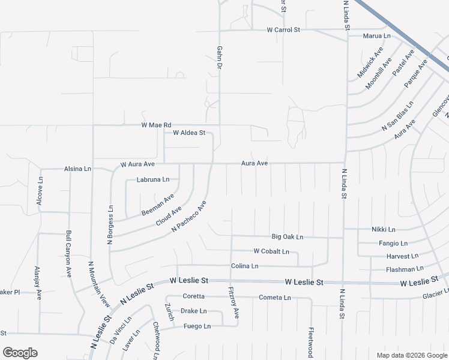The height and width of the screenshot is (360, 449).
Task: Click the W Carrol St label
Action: tap(283, 29)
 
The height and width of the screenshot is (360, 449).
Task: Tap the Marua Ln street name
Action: tap(376, 36)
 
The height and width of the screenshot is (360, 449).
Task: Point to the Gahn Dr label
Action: tap(220, 58)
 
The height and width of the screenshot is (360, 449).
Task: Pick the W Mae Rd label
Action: tap(156, 125)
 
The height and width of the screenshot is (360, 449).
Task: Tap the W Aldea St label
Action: tap(189, 133)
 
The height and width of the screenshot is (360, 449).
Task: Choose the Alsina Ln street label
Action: tap(77, 169)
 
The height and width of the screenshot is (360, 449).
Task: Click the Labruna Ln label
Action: tap(153, 179)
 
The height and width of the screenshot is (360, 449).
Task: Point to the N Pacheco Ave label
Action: tap(189, 216)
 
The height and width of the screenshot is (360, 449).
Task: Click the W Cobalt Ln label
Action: tap(271, 251)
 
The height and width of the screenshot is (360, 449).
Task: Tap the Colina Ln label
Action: tap(244, 266)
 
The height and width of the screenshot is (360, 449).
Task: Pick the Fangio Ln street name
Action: tap(393, 243)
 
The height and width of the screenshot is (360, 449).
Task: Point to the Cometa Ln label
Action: tap(274, 298)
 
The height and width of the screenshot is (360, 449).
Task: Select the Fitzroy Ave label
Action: tap(234, 302)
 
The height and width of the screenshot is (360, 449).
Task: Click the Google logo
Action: tap(20, 353)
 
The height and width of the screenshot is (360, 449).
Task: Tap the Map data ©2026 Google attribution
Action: tap(412, 355)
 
